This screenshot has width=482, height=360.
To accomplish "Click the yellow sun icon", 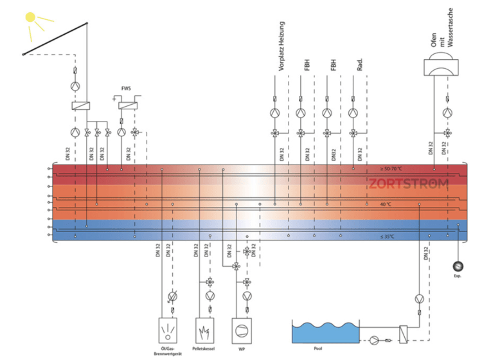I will click(31, 19).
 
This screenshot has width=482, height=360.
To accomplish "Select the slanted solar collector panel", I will click(55, 39).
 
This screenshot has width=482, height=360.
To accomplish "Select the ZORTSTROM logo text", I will click(408, 184).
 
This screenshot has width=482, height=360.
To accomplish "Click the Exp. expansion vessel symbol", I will click(458, 265).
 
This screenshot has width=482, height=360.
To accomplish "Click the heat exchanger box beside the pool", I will click(404, 334).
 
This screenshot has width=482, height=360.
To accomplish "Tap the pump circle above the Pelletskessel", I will click(210, 296).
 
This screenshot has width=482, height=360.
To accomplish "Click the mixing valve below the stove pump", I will click(447, 134).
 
